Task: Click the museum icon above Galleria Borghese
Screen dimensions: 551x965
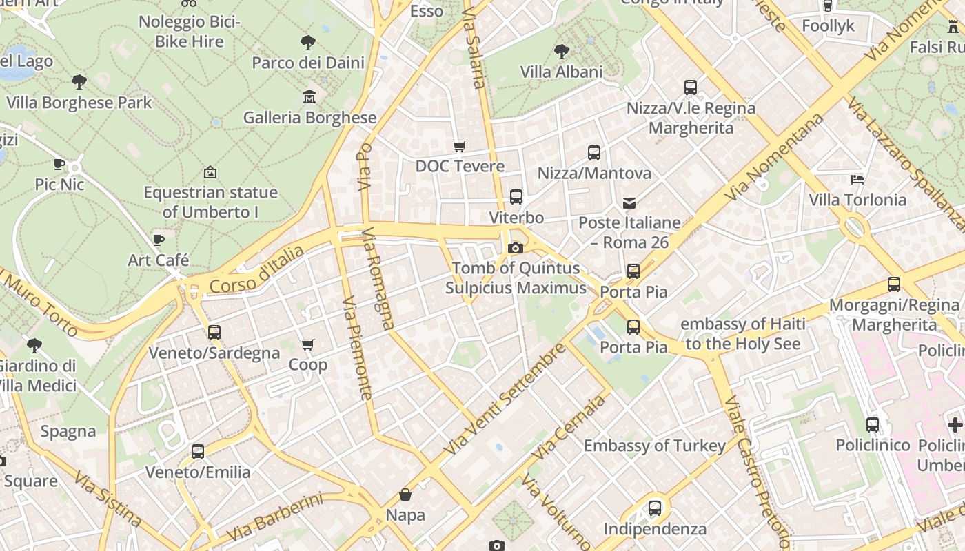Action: [309, 97]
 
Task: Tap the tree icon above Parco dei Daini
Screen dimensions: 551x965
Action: [308, 43]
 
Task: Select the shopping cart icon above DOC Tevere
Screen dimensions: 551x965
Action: [459, 146]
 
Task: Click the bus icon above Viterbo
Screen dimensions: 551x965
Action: [516, 197]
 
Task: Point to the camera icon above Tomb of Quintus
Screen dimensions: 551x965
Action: [515, 248]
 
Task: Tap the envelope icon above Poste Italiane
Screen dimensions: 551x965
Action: [629, 202]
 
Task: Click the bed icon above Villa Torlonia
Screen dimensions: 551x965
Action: [857, 180]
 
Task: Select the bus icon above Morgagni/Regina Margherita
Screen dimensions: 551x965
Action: [894, 284]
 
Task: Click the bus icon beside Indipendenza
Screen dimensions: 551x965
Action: [655, 508]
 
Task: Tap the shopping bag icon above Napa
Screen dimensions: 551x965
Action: [405, 495]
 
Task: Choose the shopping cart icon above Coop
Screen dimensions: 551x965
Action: [308, 344]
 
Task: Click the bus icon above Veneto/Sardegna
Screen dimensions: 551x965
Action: [214, 333]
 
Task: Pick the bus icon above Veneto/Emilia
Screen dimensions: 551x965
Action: [198, 452]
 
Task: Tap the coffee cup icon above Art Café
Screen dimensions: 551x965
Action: [159, 240]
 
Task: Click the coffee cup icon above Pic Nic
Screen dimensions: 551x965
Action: [59, 164]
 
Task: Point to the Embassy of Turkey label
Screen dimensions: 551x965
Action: [655, 446]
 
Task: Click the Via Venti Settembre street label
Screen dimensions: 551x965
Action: [504, 399]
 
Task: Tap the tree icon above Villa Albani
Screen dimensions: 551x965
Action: [562, 51]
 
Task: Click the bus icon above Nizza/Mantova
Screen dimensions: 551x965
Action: [594, 153]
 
